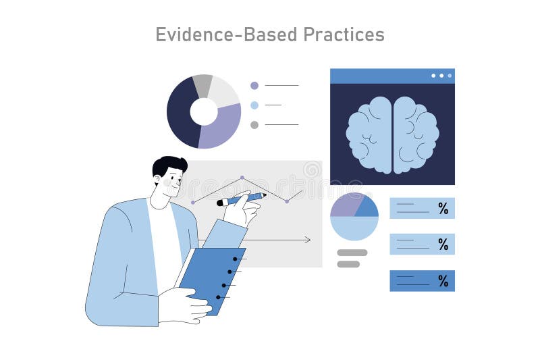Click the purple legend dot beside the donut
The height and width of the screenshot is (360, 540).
(254, 86)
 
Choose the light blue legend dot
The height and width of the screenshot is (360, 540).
(254, 105)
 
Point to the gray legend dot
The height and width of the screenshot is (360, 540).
(254, 124)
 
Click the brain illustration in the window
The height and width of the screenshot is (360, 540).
(392, 133)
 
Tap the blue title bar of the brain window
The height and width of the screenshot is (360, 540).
(378, 76)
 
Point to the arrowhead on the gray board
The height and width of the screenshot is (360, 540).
(307, 240)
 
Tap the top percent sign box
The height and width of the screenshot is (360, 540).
(422, 208)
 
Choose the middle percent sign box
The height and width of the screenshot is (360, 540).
(422, 244)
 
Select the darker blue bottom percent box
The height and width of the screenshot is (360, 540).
(422, 280)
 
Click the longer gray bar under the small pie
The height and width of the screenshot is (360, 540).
(352, 253)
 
